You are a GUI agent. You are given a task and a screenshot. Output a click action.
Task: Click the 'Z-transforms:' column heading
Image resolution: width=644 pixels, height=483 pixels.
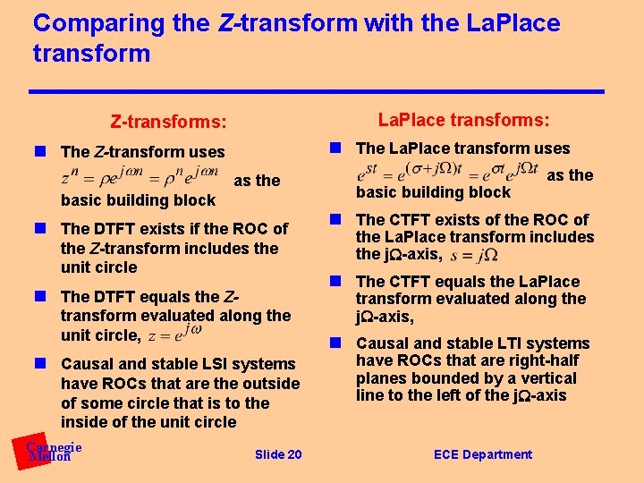click(x=168, y=121)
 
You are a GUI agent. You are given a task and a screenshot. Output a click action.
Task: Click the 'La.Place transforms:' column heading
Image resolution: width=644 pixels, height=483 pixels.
click(x=463, y=120)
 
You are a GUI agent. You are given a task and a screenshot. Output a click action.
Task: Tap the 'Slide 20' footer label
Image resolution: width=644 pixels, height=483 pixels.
click(x=278, y=455)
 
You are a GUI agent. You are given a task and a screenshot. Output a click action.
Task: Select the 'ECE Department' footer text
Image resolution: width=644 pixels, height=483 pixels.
click(x=482, y=454)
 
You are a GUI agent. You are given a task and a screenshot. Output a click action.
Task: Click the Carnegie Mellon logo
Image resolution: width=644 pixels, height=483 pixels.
click(x=52, y=452)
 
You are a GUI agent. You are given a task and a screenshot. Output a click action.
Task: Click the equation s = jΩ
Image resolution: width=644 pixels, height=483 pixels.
click(x=475, y=256)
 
